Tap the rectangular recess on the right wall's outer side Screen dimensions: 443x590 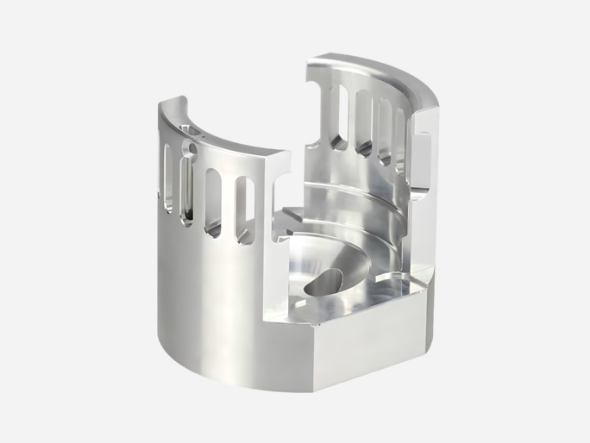422,164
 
